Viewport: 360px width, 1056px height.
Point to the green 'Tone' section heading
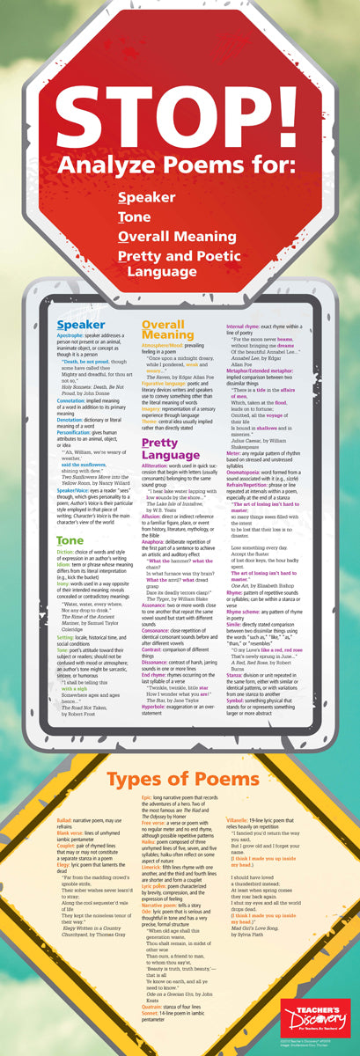[70, 516]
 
